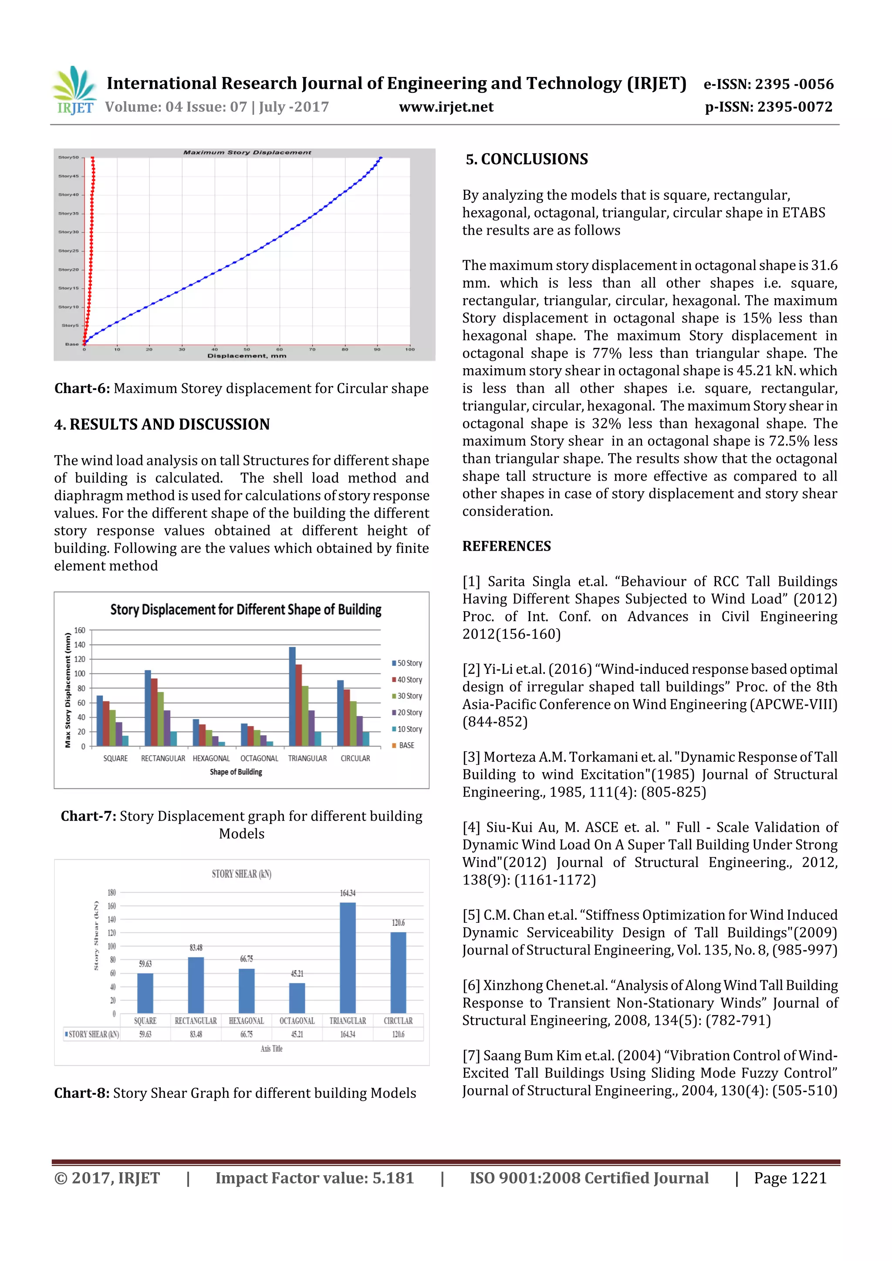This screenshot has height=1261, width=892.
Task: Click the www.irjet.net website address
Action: tap(446, 107)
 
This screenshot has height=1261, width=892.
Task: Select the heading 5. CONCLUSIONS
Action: tap(527, 159)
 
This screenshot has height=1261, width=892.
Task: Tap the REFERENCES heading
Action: tap(506, 546)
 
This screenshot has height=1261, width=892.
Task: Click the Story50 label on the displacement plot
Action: tap(69, 158)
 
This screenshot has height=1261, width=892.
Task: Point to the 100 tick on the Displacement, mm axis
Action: tap(409, 349)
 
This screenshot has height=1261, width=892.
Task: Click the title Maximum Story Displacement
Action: tap(247, 152)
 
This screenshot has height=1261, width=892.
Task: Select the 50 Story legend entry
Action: tap(407, 663)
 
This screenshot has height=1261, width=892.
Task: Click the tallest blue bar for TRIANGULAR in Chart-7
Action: tap(292, 696)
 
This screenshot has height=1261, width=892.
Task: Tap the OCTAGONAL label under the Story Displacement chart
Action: tap(259, 758)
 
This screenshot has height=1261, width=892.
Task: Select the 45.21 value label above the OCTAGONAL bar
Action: tap(297, 974)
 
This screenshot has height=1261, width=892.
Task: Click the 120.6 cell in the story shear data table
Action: tap(398, 1034)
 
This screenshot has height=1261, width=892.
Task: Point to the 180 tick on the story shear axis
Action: tap(111, 892)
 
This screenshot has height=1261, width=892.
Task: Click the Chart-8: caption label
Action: tap(81, 1093)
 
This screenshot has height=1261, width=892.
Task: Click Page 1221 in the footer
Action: tap(790, 1177)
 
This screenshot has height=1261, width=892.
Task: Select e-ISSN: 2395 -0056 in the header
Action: tap(768, 84)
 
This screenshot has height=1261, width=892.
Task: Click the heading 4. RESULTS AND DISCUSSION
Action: tap(162, 424)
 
